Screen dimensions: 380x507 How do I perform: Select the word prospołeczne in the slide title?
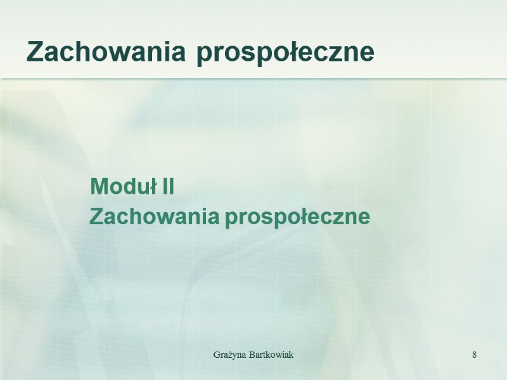point(285,53)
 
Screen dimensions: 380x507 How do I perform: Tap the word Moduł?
point(125,187)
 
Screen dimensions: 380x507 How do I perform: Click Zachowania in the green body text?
point(155,217)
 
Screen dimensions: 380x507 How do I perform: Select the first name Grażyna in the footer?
point(228,354)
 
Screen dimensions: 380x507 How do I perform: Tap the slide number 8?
point(474,354)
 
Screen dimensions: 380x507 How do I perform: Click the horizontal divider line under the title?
point(253,78)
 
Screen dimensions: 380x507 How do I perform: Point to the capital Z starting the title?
point(35,52)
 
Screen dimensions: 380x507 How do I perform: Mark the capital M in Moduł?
point(98,187)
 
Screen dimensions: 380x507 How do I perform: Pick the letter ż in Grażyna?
point(228,354)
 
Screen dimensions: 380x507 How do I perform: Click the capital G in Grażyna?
point(216,354)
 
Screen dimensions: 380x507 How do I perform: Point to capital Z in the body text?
point(96,217)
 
